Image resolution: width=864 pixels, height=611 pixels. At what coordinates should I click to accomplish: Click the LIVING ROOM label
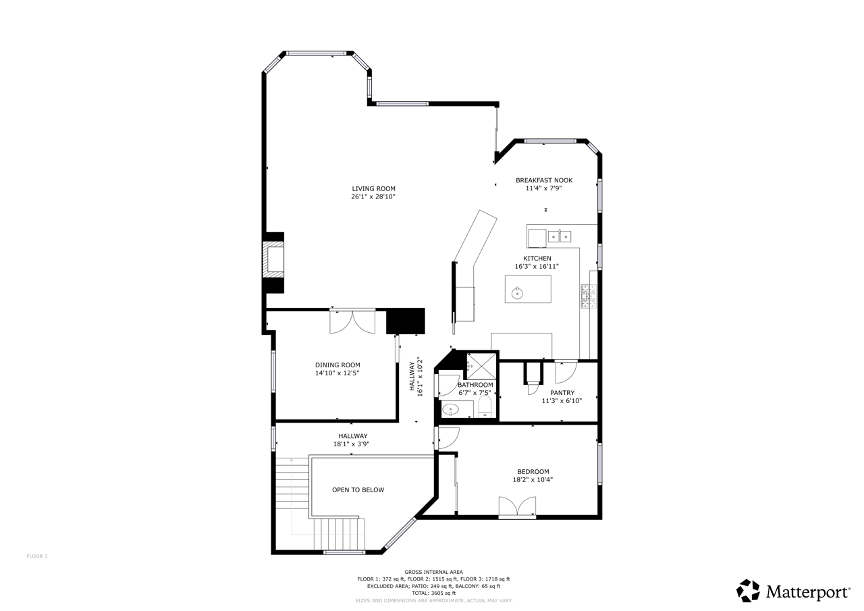click(373, 188)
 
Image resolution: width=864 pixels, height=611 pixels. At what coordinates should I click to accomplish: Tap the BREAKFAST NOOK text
click(544, 180)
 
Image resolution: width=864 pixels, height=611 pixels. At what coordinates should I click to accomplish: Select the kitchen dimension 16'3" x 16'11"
click(537, 266)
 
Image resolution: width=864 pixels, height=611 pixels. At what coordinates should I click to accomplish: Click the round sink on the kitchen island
click(517, 293)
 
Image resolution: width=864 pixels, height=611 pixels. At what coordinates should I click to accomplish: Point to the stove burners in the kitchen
click(589, 296)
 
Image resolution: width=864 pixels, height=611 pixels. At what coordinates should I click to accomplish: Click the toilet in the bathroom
click(485, 406)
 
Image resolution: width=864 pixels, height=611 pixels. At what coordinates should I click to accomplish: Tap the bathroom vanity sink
click(450, 409)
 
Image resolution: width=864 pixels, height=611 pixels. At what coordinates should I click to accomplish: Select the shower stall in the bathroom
click(481, 366)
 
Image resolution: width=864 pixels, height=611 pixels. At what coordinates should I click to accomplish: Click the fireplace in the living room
click(273, 263)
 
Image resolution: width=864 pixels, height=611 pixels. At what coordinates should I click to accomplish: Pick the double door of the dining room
click(352, 321)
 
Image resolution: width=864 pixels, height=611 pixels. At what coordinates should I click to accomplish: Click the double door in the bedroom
click(517, 507)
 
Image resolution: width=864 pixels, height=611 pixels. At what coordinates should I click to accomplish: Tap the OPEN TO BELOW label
click(358, 490)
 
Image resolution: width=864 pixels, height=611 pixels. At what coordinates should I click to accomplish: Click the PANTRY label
click(562, 393)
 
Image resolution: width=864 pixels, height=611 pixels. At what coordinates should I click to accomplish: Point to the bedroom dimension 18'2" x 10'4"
click(533, 480)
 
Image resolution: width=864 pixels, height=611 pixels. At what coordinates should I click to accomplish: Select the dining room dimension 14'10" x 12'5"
click(337, 373)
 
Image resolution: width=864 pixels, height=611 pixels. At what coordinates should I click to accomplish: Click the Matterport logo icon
click(748, 591)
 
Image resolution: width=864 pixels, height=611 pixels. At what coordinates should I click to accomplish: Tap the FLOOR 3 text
click(37, 556)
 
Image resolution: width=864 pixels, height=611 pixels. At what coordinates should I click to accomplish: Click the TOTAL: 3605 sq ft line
click(433, 593)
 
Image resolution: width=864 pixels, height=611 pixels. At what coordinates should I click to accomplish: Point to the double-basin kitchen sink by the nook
click(560, 236)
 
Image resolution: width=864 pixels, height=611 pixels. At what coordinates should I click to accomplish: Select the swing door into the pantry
click(566, 372)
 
